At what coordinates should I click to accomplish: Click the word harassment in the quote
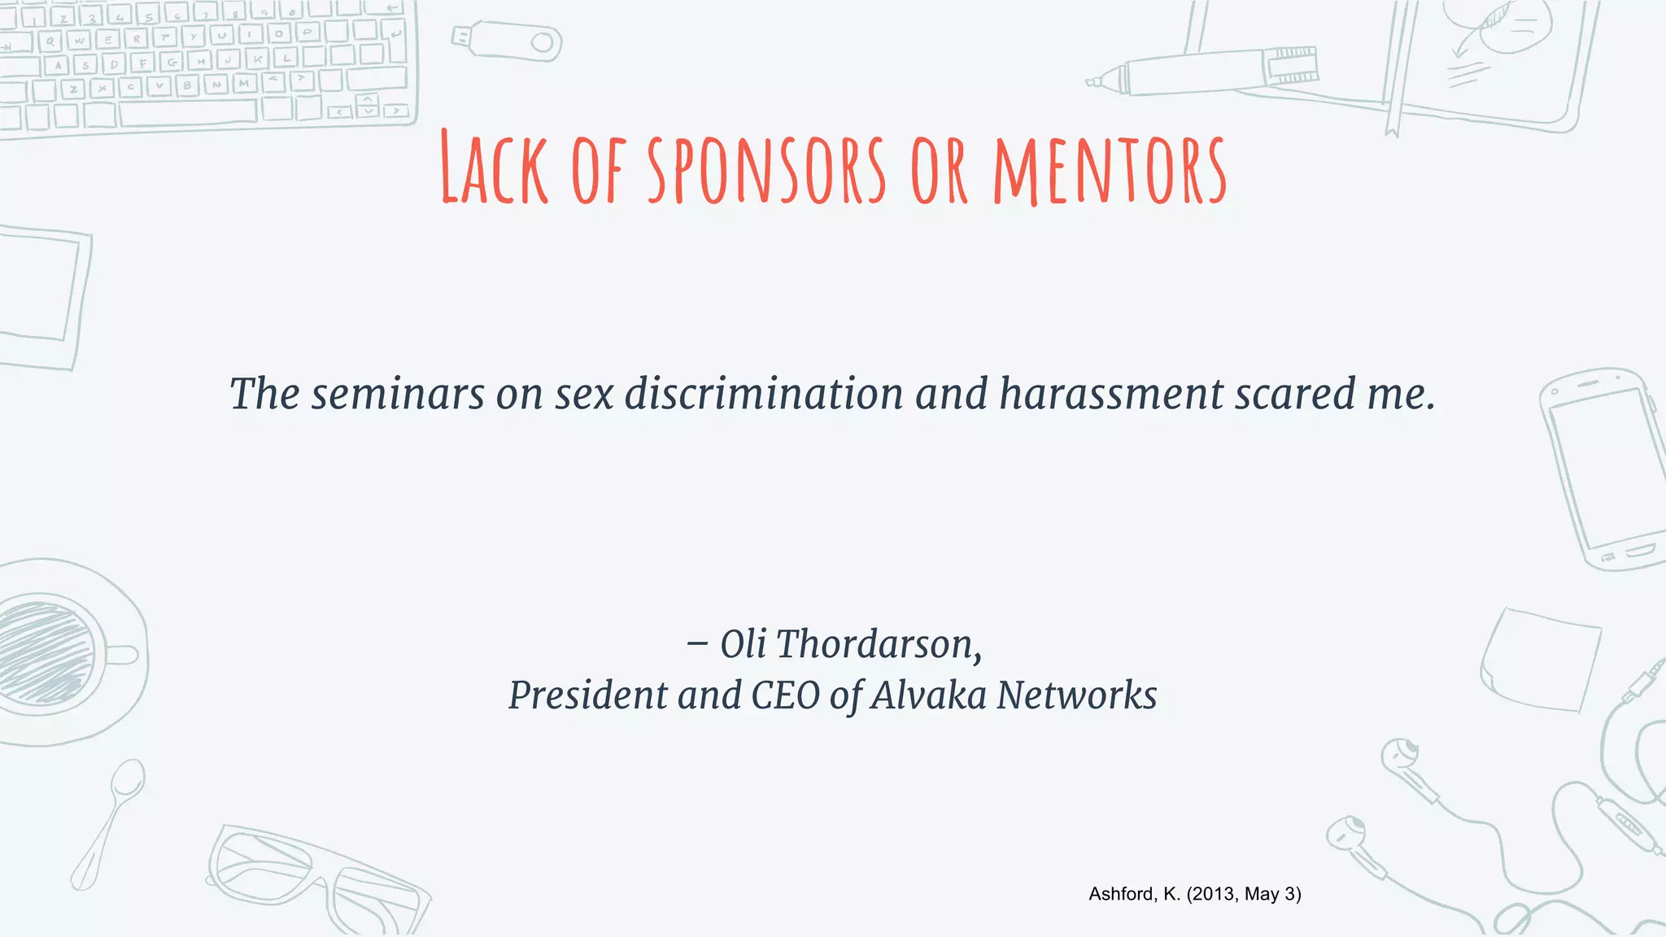(x=1111, y=394)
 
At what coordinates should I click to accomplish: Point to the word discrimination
(x=764, y=394)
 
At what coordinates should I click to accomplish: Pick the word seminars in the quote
(x=398, y=394)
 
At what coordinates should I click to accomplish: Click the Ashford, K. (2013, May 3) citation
(x=1194, y=894)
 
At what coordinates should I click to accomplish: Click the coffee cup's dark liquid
(x=45, y=651)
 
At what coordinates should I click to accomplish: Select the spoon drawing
(x=110, y=822)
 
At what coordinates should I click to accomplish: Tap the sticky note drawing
(x=1540, y=659)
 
